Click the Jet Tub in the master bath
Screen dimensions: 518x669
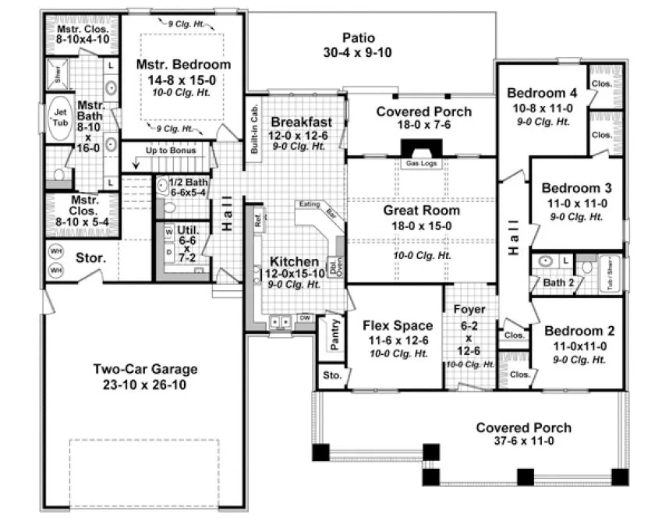(x=60, y=118)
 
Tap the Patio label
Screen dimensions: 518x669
(x=359, y=37)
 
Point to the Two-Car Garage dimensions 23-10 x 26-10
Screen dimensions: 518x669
(x=146, y=385)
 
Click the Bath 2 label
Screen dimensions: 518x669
(x=557, y=282)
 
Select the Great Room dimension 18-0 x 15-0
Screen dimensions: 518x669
(x=421, y=227)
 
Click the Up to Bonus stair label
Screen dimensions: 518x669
(x=170, y=148)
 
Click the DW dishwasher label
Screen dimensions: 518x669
(x=306, y=318)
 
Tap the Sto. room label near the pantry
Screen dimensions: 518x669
(x=331, y=376)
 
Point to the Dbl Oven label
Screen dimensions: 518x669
(x=332, y=266)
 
